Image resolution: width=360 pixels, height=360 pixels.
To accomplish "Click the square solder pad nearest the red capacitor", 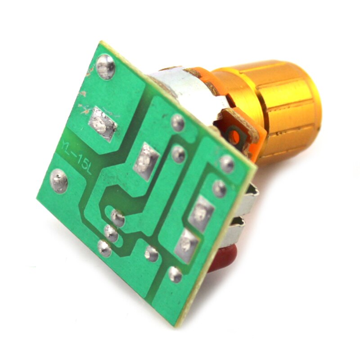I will (185, 245).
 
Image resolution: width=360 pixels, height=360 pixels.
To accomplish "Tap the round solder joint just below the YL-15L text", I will (59, 181).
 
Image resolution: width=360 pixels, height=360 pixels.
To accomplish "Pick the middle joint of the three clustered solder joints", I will (110, 233).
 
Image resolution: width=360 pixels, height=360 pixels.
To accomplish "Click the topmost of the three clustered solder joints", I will (117, 218).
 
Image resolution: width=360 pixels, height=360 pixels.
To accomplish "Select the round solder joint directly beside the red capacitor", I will (175, 274).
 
